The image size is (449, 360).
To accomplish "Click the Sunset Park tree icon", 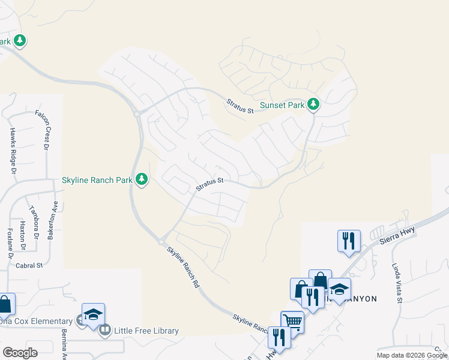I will click(313, 105).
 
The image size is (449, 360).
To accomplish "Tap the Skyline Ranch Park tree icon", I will click(142, 179).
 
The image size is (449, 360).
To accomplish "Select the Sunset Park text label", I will click(282, 106).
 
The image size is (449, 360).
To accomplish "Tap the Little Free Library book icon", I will click(105, 330).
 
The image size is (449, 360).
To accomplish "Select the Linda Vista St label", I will click(398, 282).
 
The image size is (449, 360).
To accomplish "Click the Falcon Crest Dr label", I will click(43, 129).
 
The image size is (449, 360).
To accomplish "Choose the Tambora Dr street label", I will click(34, 224).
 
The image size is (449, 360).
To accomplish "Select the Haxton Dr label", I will click(22, 236).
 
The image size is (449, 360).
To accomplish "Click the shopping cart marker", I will click(292, 321).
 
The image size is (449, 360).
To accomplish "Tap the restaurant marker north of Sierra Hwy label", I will click(349, 241).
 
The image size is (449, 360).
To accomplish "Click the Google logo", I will click(20, 352).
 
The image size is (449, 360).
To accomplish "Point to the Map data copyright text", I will click(412, 355).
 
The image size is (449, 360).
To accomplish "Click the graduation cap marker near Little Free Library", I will click(93, 314).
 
